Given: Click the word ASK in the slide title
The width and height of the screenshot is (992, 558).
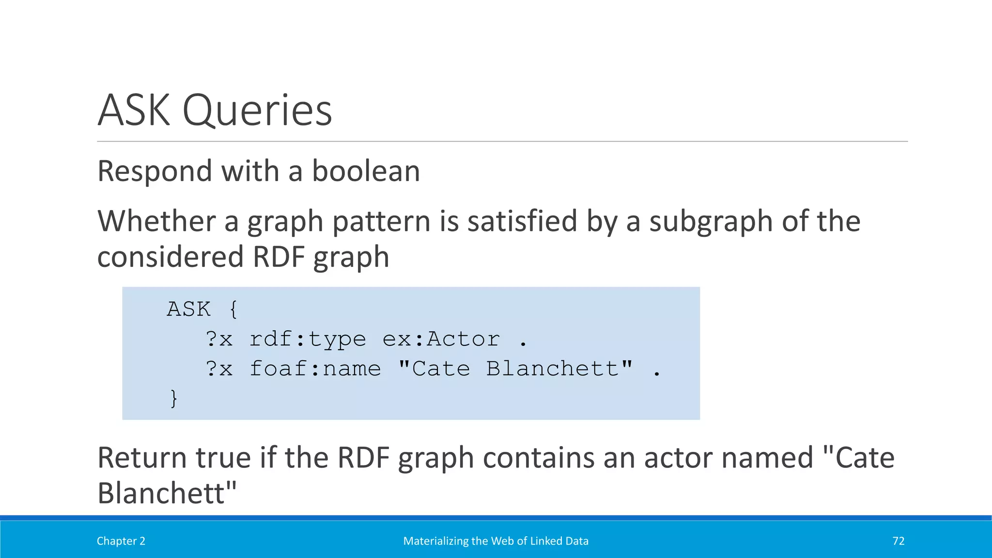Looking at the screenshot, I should point(134,110).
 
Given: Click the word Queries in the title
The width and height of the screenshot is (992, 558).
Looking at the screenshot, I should point(257,111).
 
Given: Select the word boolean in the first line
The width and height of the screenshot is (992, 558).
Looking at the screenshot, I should point(366,171).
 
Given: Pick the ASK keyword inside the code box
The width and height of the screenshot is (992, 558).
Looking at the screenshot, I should point(189,309).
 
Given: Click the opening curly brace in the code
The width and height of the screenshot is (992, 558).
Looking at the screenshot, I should point(233,309).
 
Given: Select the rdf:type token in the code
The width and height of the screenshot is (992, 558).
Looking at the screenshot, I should point(308,339).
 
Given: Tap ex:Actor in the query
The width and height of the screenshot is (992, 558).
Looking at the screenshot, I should point(441,339).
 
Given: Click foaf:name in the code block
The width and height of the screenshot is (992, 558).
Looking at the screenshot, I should point(315,369).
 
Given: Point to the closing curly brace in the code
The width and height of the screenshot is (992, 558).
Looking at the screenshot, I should point(173,399).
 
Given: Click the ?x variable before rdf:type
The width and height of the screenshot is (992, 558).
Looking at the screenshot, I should point(219,339).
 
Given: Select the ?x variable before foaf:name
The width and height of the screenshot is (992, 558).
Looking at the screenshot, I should point(219,369).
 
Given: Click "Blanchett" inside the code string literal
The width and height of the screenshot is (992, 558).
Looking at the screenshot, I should point(557,369).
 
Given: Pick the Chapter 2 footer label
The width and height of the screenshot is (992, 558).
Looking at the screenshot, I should point(121,541).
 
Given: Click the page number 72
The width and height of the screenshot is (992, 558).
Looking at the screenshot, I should point(899,541).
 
